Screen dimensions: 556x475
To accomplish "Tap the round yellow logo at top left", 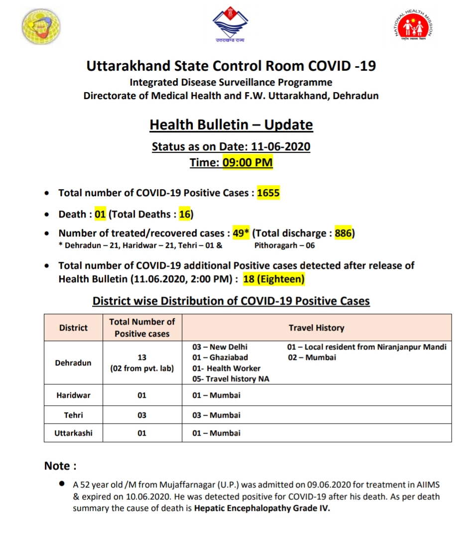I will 42,26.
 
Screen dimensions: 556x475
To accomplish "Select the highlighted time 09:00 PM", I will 247,162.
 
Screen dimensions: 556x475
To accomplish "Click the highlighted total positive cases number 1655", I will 268,193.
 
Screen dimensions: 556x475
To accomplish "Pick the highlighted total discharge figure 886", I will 343,233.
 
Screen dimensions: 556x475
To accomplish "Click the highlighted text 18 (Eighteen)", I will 273,279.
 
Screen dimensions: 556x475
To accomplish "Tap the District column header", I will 73,328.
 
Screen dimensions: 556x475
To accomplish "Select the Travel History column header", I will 316,328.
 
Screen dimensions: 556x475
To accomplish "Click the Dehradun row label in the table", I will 73,363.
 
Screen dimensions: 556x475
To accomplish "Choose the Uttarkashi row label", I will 73,433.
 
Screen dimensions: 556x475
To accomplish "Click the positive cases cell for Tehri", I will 142,415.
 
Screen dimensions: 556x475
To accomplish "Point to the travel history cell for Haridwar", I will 317,395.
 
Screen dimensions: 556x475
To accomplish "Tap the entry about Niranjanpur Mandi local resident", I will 367,347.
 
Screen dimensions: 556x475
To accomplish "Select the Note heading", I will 60,466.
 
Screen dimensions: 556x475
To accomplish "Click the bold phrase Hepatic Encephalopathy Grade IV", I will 262,509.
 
